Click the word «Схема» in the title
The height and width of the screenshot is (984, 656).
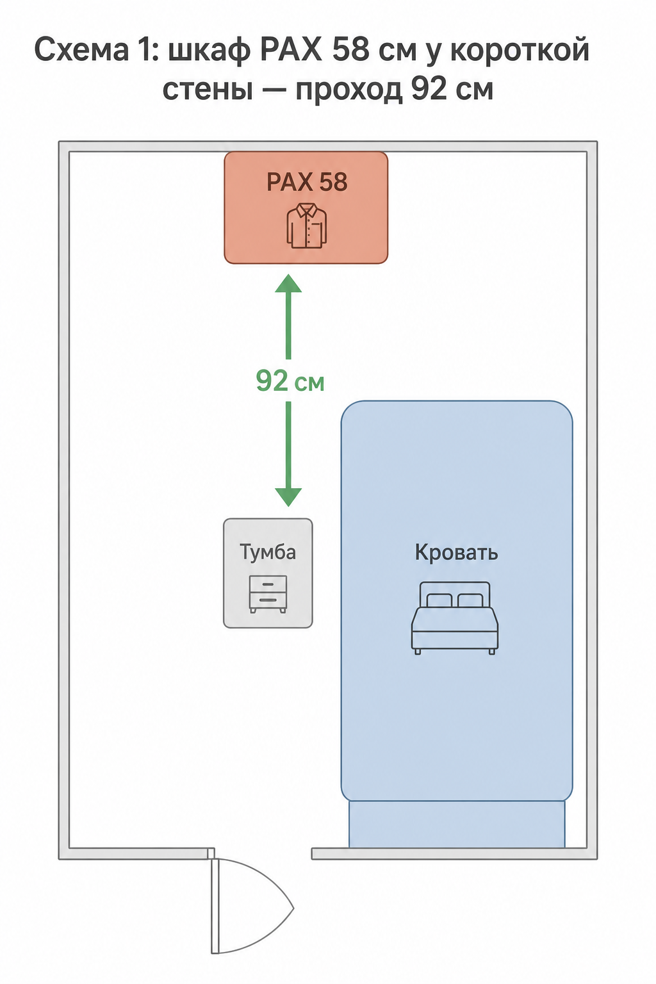(x=79, y=50)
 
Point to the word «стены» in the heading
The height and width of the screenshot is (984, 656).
(x=208, y=90)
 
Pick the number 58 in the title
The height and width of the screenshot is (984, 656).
(x=350, y=50)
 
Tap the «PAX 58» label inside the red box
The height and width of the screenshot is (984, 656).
(x=307, y=181)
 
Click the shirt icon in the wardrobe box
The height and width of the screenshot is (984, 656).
(x=307, y=225)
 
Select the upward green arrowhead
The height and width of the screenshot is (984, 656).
(x=288, y=283)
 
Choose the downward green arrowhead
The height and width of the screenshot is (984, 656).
(x=288, y=497)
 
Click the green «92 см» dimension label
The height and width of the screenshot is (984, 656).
(x=290, y=381)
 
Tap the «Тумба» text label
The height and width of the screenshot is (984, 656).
(x=268, y=552)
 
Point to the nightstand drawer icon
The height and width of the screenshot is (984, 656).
(x=268, y=594)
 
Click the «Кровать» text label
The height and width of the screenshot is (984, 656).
(x=456, y=553)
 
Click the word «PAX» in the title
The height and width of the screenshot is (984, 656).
(x=291, y=50)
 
